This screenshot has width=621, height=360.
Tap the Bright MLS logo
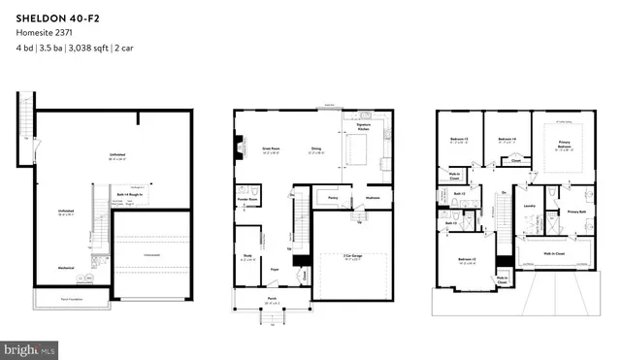pos(30,346)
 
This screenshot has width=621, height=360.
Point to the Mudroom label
pos(372,198)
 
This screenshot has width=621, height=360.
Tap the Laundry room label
pos(531,206)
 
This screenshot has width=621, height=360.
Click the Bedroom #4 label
pos(507,139)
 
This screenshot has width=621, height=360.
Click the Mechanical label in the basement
pos(66,268)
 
